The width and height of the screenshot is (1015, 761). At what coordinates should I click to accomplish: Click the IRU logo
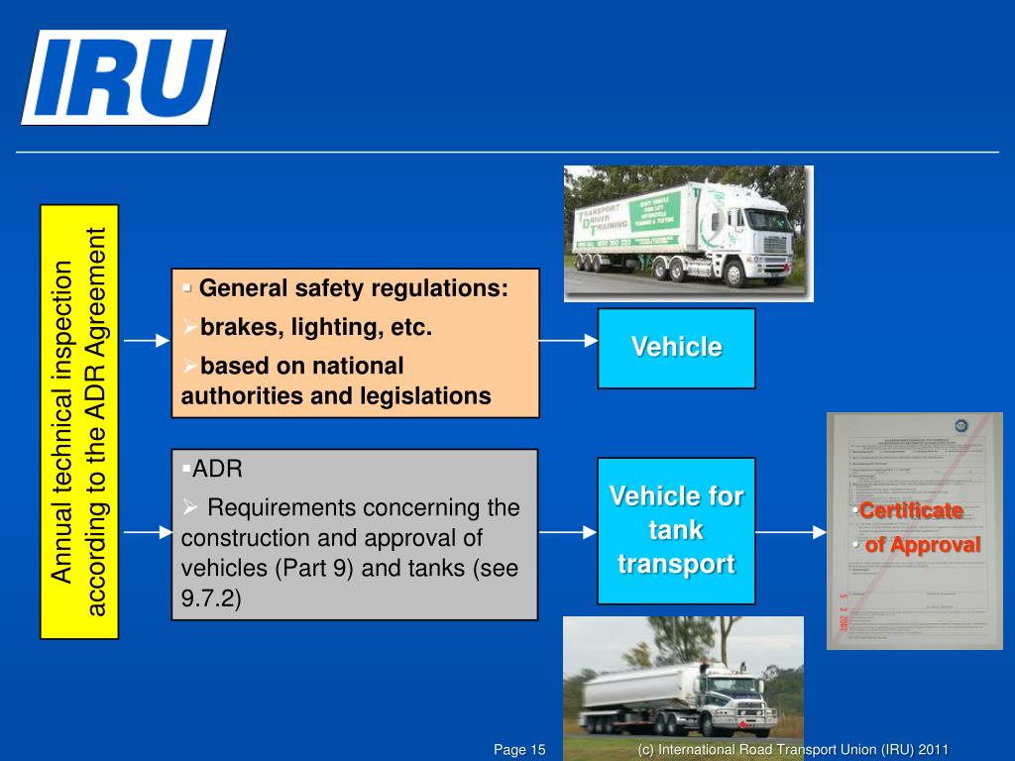click(x=123, y=76)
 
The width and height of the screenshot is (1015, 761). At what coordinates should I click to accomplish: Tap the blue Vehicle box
click(x=676, y=348)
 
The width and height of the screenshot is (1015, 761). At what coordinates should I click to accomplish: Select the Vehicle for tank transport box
click(x=676, y=530)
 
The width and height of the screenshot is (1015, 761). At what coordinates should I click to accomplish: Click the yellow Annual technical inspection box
click(x=79, y=421)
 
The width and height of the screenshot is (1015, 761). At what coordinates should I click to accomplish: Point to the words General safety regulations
click(x=353, y=289)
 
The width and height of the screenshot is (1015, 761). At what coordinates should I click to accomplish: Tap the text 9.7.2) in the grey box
click(x=211, y=599)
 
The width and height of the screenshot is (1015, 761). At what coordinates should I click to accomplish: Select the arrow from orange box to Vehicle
click(x=568, y=341)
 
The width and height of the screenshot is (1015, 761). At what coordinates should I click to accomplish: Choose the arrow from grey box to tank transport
click(x=568, y=532)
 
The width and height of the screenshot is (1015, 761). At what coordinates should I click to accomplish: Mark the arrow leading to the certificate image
click(x=790, y=532)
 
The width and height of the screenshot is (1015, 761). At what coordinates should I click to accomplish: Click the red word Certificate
click(x=911, y=511)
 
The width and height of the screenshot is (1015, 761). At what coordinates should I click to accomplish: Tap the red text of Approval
click(x=922, y=545)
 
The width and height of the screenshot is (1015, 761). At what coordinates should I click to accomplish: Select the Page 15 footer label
click(x=520, y=749)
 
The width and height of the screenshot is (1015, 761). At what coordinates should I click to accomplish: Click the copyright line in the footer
click(x=794, y=749)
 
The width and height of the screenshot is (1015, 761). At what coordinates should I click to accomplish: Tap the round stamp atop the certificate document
click(x=959, y=426)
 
